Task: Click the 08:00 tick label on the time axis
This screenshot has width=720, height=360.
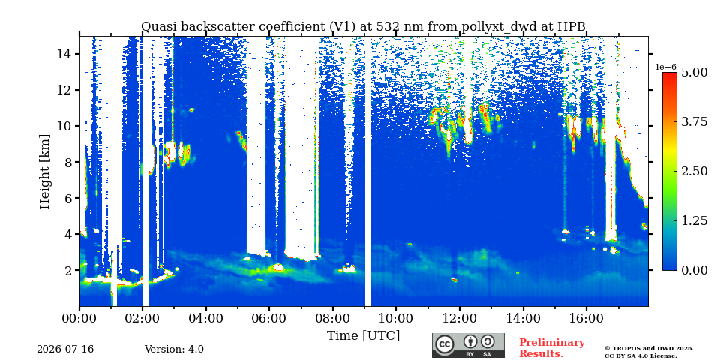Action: tap(332, 318)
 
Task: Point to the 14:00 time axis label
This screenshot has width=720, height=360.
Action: tap(523, 318)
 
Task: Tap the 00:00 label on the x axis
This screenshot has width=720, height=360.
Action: tap(79, 318)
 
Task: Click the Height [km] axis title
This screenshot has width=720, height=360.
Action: tap(44, 172)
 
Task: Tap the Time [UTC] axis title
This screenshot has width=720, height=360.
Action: tap(363, 335)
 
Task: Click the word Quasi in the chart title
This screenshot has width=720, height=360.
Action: tap(156, 27)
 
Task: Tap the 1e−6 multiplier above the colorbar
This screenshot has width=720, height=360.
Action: tap(666, 67)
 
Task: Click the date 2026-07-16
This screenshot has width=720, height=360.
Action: tap(65, 349)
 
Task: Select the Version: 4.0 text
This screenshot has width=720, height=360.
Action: tap(174, 349)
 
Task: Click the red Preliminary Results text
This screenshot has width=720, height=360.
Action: tap(552, 348)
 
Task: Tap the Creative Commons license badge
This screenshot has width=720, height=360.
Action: tap(468, 345)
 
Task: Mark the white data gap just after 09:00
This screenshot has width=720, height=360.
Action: tap(368, 171)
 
